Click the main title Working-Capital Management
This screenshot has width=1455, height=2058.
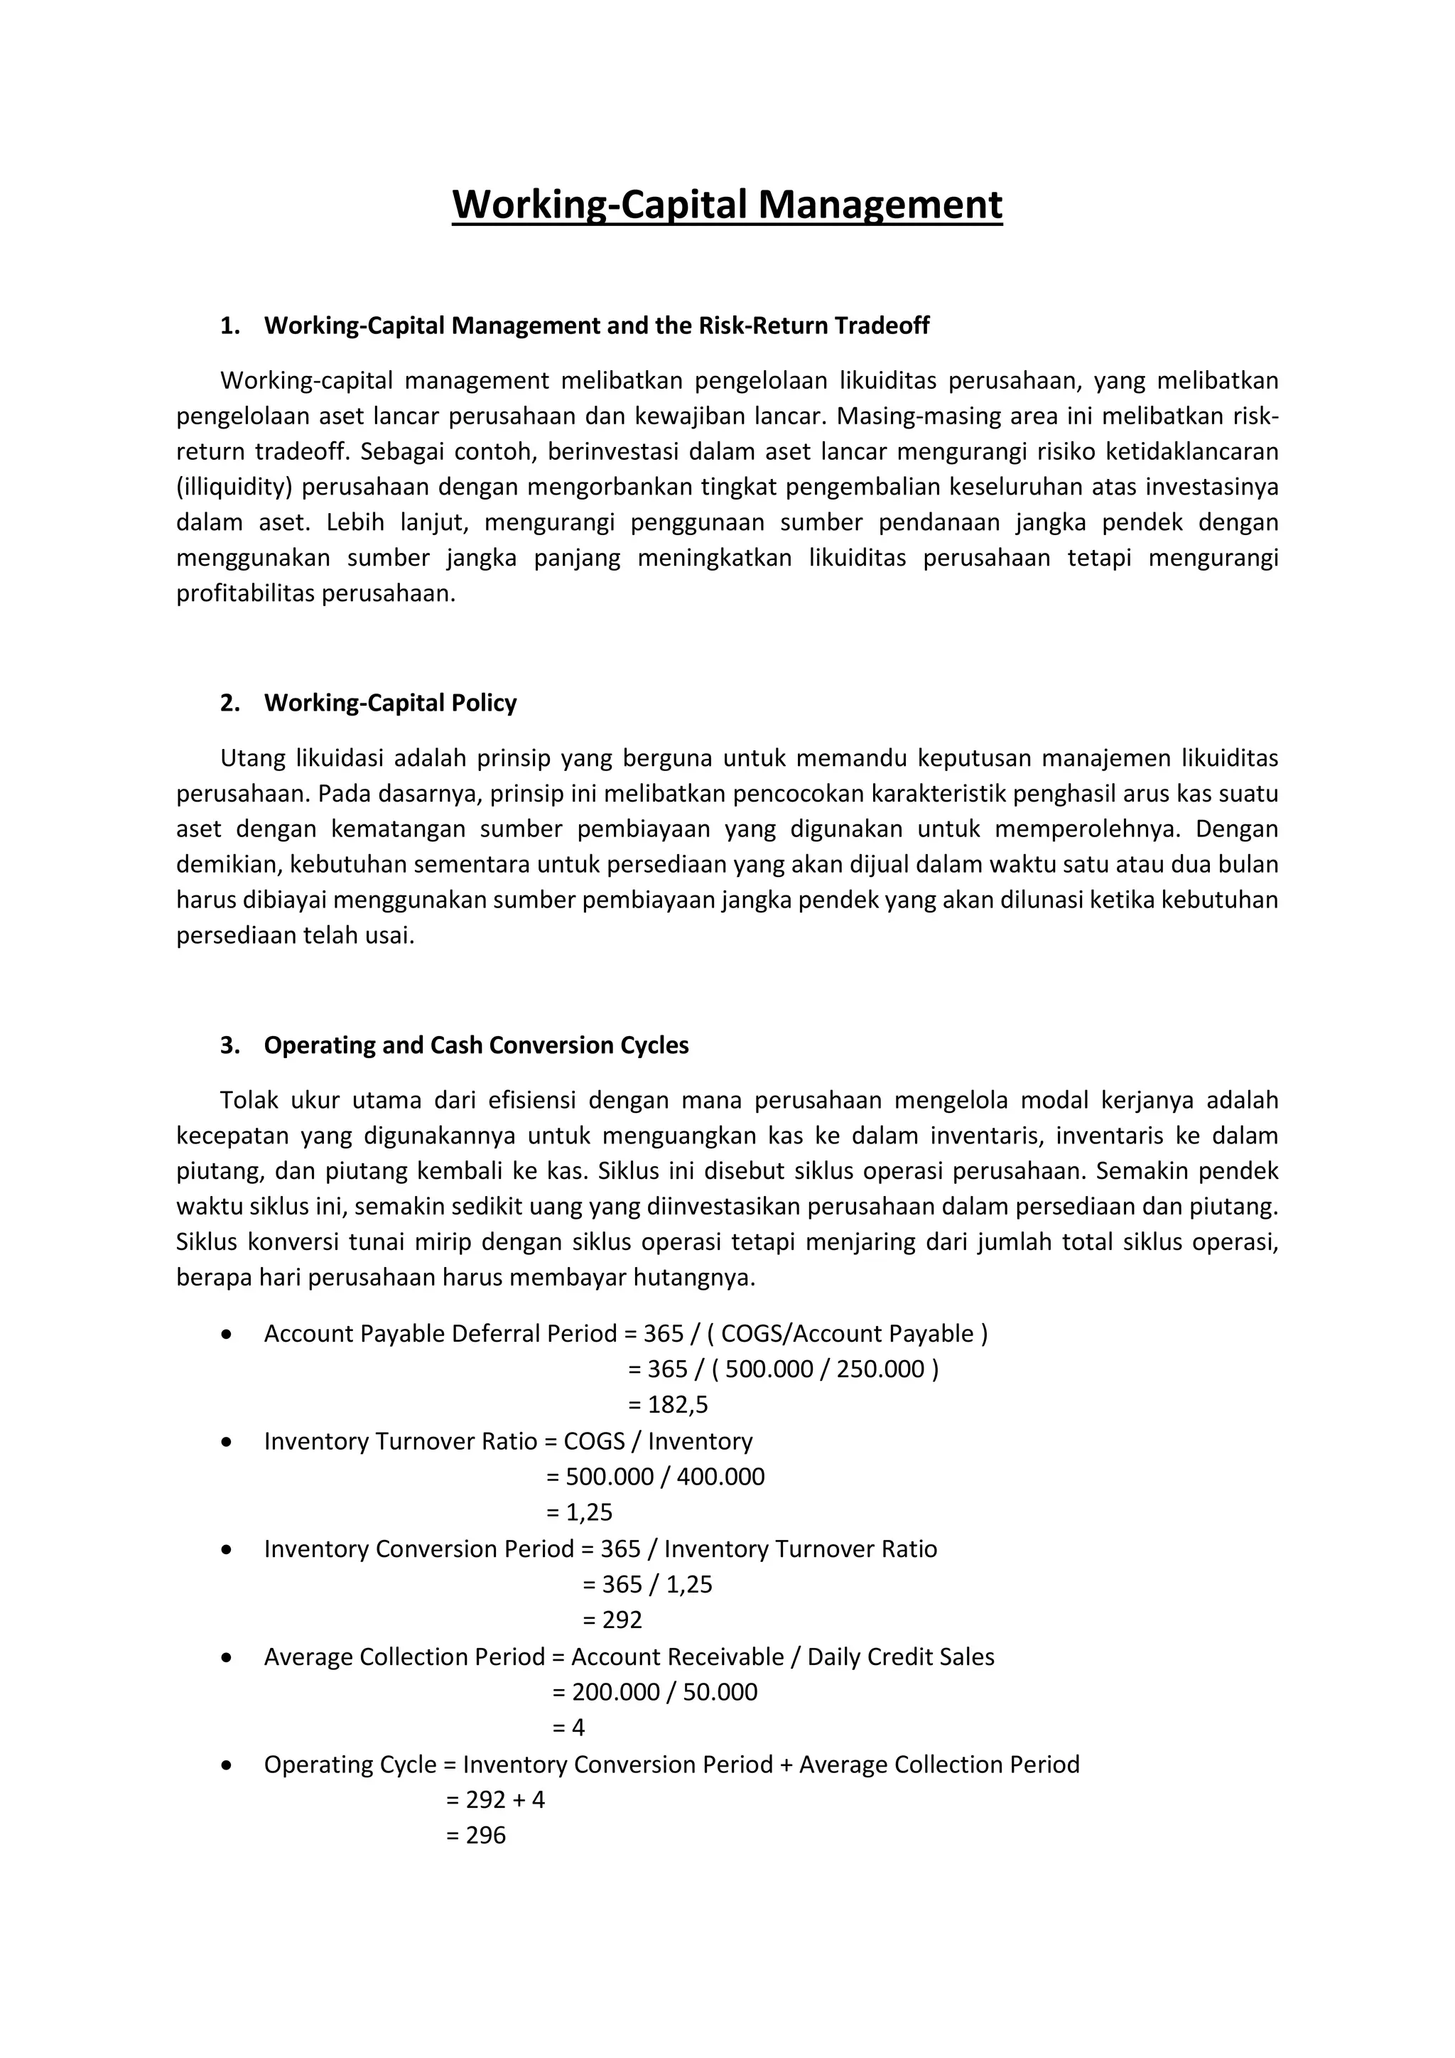(x=727, y=205)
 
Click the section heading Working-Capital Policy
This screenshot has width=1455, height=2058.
(x=390, y=703)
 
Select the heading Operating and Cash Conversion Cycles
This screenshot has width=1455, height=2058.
(x=476, y=1045)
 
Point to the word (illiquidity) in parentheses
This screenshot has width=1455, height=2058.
(x=234, y=487)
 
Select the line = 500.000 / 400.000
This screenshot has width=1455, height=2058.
(x=656, y=1476)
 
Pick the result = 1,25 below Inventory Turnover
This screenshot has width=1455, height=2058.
(x=580, y=1512)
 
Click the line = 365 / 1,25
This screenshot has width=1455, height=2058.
(x=648, y=1584)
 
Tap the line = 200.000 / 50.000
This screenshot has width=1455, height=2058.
(x=655, y=1691)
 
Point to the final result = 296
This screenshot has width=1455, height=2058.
(x=476, y=1835)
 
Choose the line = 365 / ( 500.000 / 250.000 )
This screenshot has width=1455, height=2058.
(x=783, y=1369)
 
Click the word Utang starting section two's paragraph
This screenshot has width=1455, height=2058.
(x=251, y=758)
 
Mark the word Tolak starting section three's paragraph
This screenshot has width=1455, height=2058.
(x=250, y=1100)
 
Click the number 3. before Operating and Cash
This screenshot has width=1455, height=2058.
(x=229, y=1045)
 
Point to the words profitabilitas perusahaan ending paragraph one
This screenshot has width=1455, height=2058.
(x=315, y=593)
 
